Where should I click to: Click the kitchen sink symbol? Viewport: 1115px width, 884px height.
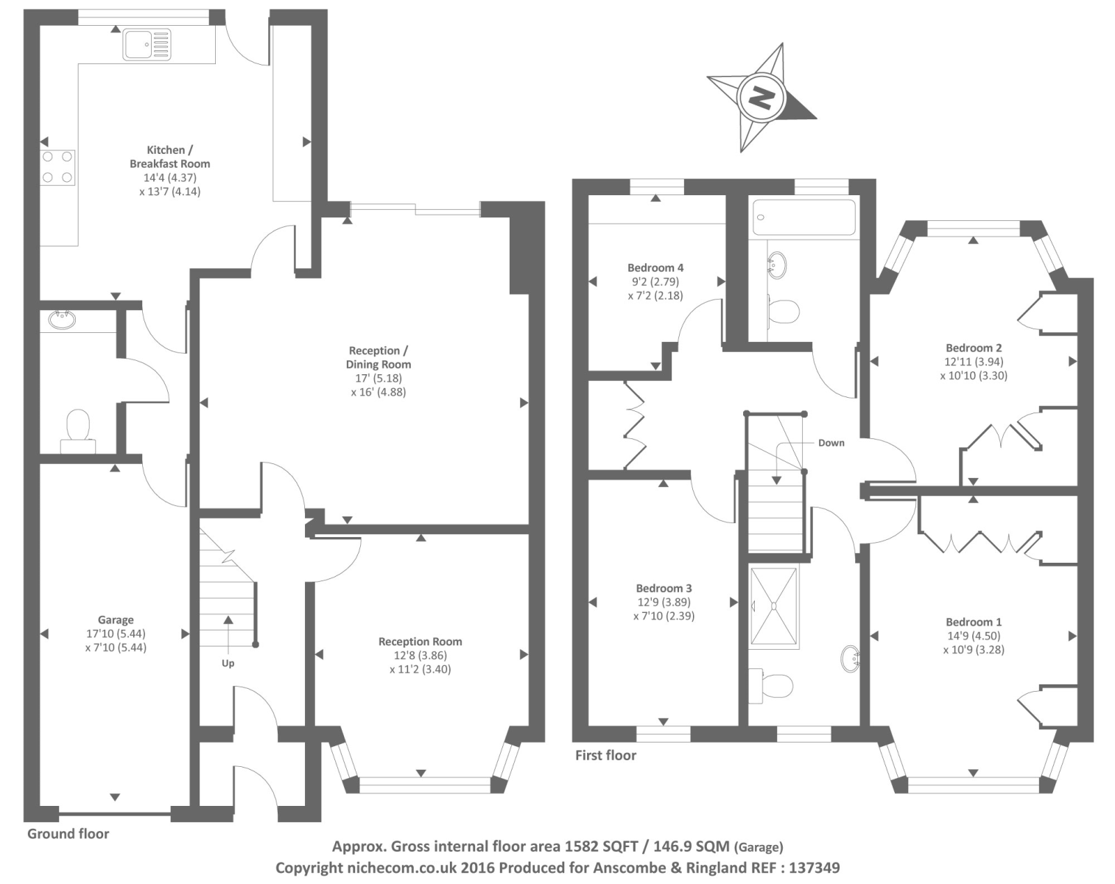pos(147,44)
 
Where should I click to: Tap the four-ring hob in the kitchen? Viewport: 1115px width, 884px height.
pos(57,167)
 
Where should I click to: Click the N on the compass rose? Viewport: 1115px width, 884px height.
pos(761,97)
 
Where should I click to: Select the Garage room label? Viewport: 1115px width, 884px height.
pos(116,620)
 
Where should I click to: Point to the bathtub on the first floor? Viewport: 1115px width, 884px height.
pos(803,217)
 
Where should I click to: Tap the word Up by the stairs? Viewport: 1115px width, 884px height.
pos(228,663)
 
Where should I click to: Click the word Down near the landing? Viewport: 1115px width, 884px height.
pos(831,443)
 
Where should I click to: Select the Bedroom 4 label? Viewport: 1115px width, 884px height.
pos(655,267)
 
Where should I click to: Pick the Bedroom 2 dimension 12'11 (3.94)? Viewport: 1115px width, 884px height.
pos(974,362)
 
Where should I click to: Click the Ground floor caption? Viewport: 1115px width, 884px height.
pos(68,834)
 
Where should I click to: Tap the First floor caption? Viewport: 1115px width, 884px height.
pos(605,755)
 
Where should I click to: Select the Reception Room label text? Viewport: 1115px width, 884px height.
pos(420,642)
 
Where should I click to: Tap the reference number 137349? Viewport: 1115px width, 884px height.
pos(814,868)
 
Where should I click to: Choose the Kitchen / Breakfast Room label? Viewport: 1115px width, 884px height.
pos(169,157)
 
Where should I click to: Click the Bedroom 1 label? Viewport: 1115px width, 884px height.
pos(974,622)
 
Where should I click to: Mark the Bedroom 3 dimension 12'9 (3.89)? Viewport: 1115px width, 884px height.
pos(664,602)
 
